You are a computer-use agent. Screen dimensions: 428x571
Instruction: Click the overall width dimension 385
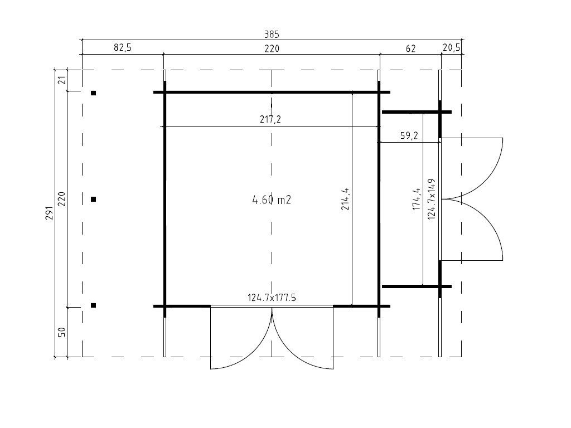pos(272,35)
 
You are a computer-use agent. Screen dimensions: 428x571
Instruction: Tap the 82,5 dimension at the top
pos(122,48)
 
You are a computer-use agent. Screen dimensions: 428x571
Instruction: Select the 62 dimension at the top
pos(410,48)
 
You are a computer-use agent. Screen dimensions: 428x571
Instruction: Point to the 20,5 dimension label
pos(451,48)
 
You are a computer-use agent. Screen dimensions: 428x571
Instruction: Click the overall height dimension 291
pos(49,213)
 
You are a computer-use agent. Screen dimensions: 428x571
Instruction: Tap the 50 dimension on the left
pos(62,332)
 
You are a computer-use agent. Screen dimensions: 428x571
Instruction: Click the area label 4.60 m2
pos(272,200)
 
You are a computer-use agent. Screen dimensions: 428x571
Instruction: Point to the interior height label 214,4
pos(345,199)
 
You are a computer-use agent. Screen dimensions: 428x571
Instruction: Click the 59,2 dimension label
pos(409,135)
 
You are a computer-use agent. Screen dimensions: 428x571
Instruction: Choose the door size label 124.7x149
pos(431,199)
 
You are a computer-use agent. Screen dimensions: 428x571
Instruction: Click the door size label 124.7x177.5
pos(272,298)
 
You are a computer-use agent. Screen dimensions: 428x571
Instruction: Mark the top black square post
pos(94,93)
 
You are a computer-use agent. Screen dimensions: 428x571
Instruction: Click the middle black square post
pos(94,199)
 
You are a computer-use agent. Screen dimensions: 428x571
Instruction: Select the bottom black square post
pos(94,305)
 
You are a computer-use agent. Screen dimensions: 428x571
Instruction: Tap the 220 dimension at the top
pos(272,48)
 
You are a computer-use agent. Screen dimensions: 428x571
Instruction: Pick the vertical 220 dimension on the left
pos(62,199)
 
